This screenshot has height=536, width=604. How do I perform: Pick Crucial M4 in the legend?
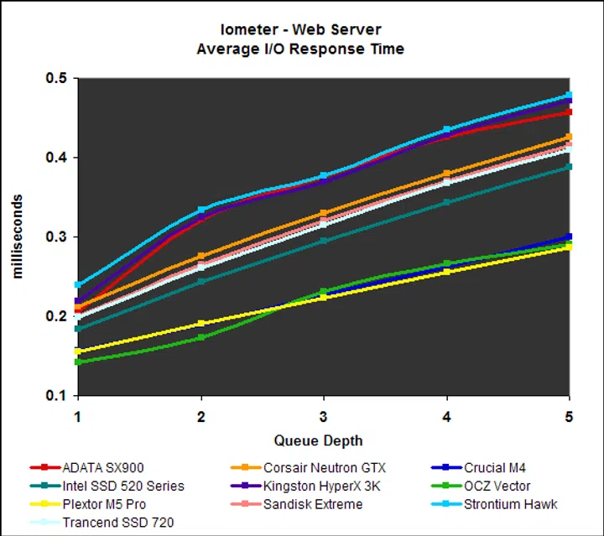pos(496,468)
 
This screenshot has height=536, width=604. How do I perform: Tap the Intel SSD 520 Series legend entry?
pos(122,486)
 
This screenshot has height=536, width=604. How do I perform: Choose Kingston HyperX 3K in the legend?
pos(321,486)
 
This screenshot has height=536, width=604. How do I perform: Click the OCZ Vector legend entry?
pos(496,486)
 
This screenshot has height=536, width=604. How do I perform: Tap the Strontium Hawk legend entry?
pos(508,504)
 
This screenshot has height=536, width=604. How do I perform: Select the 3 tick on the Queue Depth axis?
pos(324,417)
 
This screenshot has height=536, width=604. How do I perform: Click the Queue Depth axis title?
pos(318,440)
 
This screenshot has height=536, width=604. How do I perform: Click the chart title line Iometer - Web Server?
pos(301,31)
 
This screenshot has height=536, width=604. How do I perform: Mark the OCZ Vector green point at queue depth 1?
pos(78,362)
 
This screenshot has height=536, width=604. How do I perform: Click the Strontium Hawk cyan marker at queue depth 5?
pos(569,96)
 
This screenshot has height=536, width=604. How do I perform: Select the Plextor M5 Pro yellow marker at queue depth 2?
pos(201,324)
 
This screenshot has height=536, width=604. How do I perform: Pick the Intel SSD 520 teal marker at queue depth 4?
pos(446,202)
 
